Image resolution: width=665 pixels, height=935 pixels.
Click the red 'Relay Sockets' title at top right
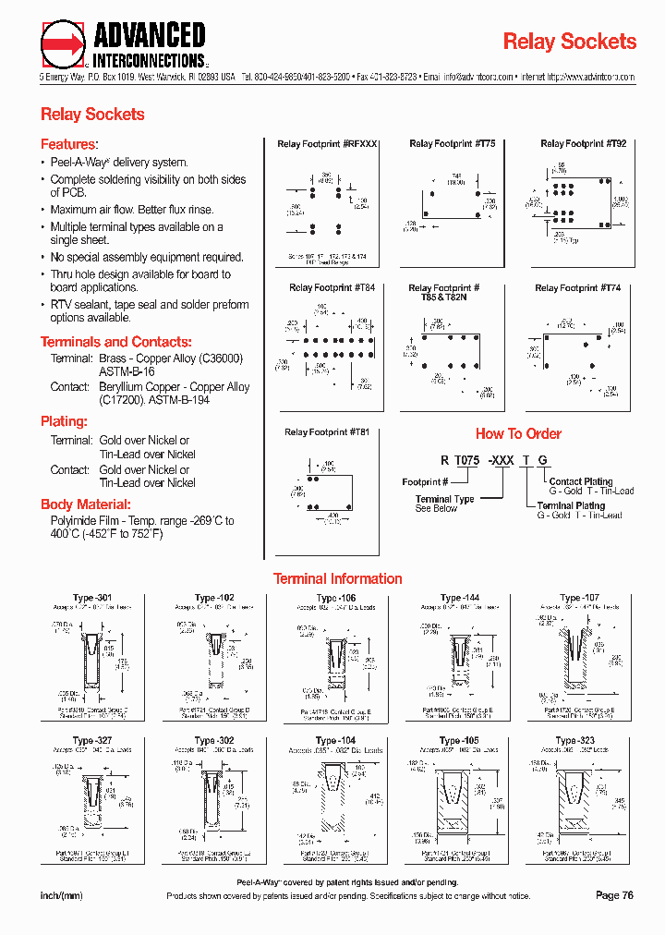pyautogui.click(x=569, y=42)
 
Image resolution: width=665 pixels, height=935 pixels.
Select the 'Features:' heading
pyautogui.click(x=68, y=144)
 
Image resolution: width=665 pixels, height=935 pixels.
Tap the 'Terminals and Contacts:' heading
pyautogui.click(x=115, y=342)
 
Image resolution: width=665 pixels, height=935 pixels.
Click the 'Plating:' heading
pyautogui.click(x=64, y=421)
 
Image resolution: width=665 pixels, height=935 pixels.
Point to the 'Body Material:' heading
pyautogui.click(x=86, y=504)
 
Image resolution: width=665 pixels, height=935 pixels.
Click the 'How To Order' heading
pyautogui.click(x=518, y=433)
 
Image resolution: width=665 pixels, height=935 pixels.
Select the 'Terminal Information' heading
pyautogui.click(x=337, y=579)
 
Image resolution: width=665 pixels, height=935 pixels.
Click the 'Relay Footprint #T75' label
pyautogui.click(x=452, y=144)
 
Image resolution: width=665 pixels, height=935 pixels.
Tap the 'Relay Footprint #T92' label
pyautogui.click(x=583, y=144)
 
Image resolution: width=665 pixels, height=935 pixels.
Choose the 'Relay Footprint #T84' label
pyautogui.click(x=332, y=288)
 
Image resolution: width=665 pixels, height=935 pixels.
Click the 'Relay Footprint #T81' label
pyautogui.click(x=327, y=432)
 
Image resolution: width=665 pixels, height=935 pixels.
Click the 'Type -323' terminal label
pyautogui.click(x=574, y=741)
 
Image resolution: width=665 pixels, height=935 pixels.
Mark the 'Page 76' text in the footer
pyautogui.click(x=614, y=895)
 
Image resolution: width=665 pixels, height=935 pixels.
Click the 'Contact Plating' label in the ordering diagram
pyautogui.click(x=580, y=481)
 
